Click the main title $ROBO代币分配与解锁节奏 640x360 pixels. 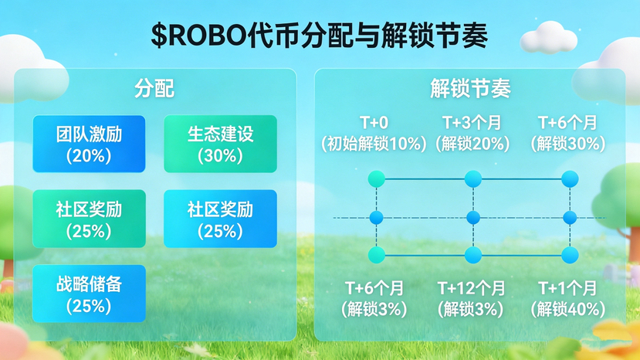click(x=319, y=36)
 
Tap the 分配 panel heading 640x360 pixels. click(x=154, y=88)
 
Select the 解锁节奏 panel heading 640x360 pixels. click(x=470, y=88)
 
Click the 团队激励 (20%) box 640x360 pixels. click(x=89, y=144)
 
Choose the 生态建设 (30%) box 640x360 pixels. click(x=220, y=144)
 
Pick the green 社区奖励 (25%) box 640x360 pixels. click(x=89, y=219)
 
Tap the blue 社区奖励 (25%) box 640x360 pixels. click(x=220, y=219)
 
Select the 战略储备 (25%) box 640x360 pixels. click(x=89, y=294)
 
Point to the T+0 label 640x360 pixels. click(x=374, y=123)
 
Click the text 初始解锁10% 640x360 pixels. click(x=374, y=144)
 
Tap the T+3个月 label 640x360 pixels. click(x=472, y=123)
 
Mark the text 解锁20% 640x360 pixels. click(x=472, y=144)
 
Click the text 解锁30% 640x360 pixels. click(x=567, y=144)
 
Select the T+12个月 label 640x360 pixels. click(x=472, y=288)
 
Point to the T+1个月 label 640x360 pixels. click(x=567, y=288)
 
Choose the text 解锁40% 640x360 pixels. click(x=567, y=309)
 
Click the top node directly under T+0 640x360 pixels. click(x=376, y=179)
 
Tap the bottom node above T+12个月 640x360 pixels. click(x=473, y=256)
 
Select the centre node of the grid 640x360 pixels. click(x=473, y=217)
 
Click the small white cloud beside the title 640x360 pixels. click(x=548, y=38)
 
